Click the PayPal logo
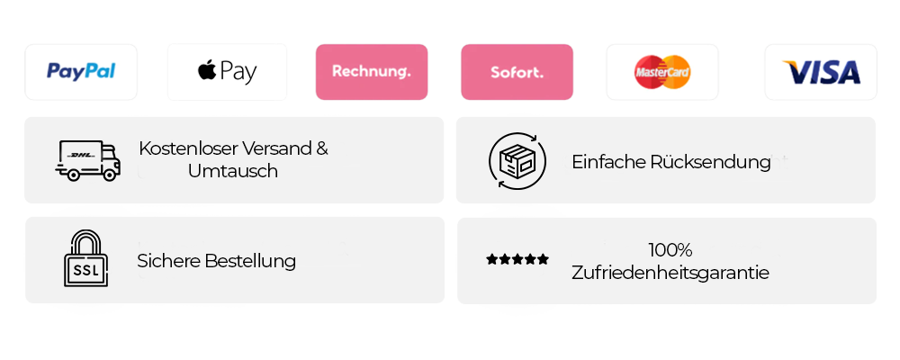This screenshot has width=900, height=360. (x=81, y=72)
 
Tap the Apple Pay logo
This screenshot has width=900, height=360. (x=228, y=72)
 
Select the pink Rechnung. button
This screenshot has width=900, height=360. (x=372, y=72)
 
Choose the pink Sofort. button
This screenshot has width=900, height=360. (x=517, y=72)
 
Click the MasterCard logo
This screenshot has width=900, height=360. (x=662, y=72)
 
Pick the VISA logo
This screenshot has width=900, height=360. (x=822, y=72)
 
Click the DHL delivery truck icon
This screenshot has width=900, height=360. (x=88, y=161)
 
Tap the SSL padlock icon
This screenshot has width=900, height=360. (x=85, y=258)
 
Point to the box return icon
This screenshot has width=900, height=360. (x=517, y=161)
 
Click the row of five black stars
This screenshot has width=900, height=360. (x=517, y=259)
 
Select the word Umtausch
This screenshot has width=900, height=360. (x=233, y=171)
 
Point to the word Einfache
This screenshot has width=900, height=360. (x=609, y=162)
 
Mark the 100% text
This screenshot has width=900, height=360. (x=670, y=250)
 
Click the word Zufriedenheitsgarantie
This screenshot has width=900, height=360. (x=670, y=272)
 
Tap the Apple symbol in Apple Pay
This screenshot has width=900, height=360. (x=207, y=70)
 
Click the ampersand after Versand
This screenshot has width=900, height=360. (x=322, y=148)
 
